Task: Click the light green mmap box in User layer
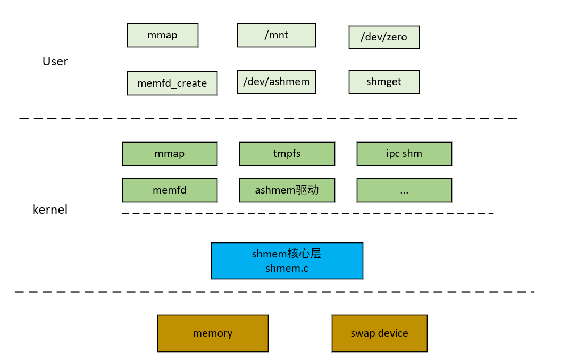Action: [x=162, y=35]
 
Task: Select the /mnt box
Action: [x=276, y=35]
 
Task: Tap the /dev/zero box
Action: [x=384, y=37]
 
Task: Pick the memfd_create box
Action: [x=172, y=83]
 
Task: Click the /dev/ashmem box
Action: [x=276, y=82]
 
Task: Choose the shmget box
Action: [x=384, y=82]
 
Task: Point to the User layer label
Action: [x=55, y=61]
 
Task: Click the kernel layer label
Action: [x=50, y=210]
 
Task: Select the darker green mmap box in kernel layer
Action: [x=170, y=154]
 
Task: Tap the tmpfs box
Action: [x=287, y=154]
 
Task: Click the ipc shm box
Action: [x=404, y=154]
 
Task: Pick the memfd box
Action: [x=170, y=190]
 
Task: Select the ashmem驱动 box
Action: [x=287, y=190]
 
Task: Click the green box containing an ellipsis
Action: [x=404, y=190]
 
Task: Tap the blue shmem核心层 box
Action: [x=287, y=261]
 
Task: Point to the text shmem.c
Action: [x=287, y=269]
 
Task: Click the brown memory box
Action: [x=213, y=333]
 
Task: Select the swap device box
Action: [x=379, y=333]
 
